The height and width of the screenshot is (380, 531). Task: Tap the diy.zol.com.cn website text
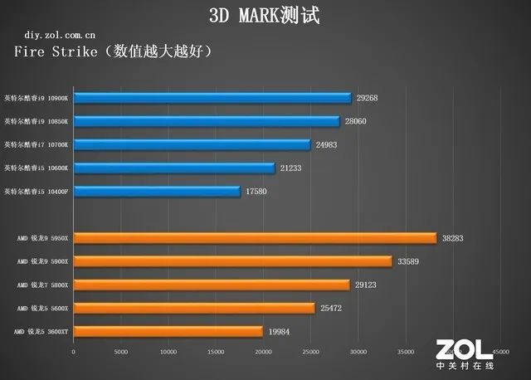tap(59, 37)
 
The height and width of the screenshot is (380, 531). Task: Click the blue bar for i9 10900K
tap(212, 98)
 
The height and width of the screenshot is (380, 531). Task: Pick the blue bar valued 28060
tap(207, 121)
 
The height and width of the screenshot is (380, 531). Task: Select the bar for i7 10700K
tap(192, 144)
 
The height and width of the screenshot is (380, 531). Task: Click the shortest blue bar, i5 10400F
tap(157, 192)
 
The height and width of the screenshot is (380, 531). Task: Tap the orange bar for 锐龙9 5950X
tap(255, 238)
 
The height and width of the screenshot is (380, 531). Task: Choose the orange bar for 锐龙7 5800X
tap(212, 285)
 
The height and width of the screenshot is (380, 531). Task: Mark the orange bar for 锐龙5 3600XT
tap(168, 332)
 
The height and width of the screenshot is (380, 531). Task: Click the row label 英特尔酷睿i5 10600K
tap(37, 168)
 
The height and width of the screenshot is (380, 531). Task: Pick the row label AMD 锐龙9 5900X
tap(42, 261)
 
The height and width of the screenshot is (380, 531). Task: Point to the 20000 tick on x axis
tap(263, 352)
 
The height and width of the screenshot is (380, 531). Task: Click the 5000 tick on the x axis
tap(120, 352)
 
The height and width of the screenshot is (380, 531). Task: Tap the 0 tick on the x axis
tap(74, 352)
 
